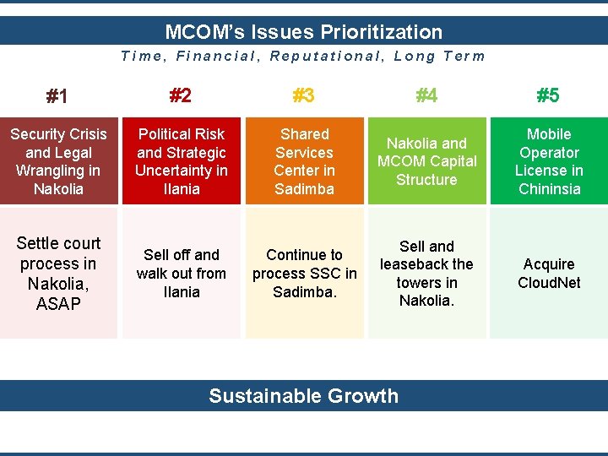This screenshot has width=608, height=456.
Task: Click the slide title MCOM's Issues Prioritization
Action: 303,32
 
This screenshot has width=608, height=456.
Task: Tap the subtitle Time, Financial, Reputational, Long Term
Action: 303,57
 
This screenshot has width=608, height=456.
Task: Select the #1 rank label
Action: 57,96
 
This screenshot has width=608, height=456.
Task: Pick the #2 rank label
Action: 180,95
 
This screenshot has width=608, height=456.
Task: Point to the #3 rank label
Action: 303,95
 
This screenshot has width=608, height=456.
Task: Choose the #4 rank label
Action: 426,95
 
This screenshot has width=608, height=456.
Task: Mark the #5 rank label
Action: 548,95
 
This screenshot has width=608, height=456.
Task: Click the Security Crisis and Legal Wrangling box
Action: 58,161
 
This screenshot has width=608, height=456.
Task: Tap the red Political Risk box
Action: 182,161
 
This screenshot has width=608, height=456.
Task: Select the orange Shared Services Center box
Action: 304,161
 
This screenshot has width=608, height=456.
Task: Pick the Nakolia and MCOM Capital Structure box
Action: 426,161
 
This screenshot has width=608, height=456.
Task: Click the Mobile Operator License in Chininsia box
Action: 549,161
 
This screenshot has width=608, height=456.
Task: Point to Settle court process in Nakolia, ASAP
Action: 58,274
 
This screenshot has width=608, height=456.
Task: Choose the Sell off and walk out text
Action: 182,274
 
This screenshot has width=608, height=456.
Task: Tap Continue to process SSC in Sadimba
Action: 304,274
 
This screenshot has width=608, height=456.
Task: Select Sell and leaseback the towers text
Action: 426,274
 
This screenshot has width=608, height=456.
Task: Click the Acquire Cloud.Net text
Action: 549,274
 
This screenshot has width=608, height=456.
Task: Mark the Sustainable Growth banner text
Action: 303,396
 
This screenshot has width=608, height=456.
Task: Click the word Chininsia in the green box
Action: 549,189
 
